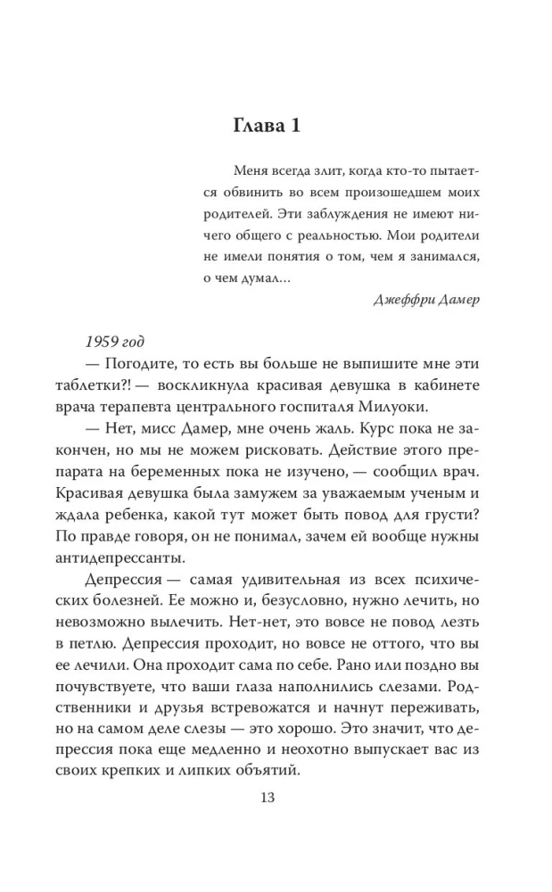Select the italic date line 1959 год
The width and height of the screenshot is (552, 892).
[x=119, y=343]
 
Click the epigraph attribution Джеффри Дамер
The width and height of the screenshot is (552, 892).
[x=426, y=299]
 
